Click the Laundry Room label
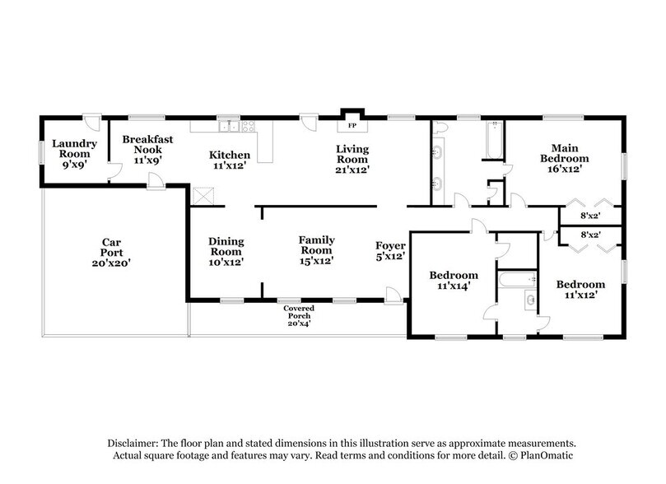(x=74, y=148)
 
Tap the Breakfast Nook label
(x=147, y=145)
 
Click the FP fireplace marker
(x=352, y=126)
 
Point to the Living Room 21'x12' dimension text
(x=352, y=170)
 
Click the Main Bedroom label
(x=564, y=152)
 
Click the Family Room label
(x=315, y=244)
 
